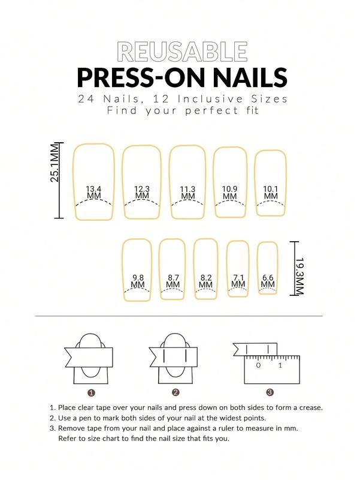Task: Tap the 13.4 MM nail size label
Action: click(x=93, y=192)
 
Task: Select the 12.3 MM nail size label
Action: click(x=142, y=192)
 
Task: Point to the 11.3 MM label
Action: click(x=188, y=192)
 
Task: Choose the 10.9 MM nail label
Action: click(x=230, y=192)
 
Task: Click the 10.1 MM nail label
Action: click(x=271, y=192)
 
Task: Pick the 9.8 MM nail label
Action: click(x=138, y=281)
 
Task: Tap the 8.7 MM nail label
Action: click(x=174, y=281)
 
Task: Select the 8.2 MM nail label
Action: click(x=206, y=281)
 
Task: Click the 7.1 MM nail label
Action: click(x=238, y=280)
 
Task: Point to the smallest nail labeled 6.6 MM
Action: click(x=268, y=280)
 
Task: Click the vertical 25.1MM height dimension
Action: click(x=54, y=163)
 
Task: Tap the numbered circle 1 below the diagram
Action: click(x=92, y=393)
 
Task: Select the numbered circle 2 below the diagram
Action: click(x=176, y=393)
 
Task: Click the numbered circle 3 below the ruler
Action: click(x=270, y=393)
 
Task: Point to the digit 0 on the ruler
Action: click(x=258, y=365)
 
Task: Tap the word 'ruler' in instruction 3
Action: click(x=240, y=428)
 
